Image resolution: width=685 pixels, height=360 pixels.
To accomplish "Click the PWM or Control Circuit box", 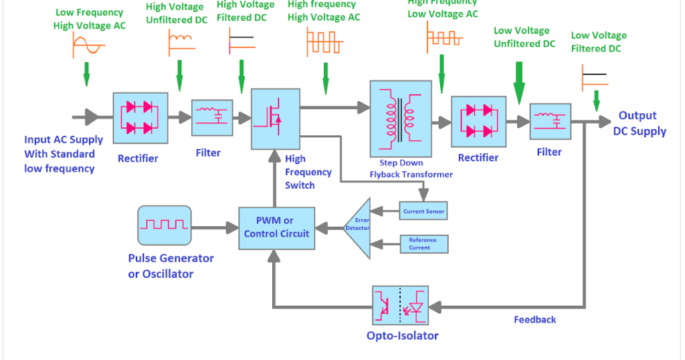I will tap(276, 227).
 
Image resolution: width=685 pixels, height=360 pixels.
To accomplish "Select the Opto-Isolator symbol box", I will tap(400, 306).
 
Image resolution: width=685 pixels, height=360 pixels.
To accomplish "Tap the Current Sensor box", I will tap(423, 211).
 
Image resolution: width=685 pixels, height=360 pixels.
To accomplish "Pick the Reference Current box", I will tap(423, 244).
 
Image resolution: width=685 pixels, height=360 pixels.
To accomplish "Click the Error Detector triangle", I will tap(358, 228).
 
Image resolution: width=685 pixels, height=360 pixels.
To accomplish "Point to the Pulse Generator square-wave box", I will tap(164, 226).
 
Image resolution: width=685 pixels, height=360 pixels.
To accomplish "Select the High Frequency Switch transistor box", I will tap(275, 118).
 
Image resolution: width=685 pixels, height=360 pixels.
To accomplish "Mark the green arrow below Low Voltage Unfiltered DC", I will tap(518, 84).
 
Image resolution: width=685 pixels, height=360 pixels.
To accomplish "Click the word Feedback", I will tap(534, 320).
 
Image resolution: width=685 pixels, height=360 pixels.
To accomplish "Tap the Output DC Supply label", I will tap(639, 124).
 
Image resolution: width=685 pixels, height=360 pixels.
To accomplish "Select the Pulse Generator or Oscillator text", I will tap(171, 266).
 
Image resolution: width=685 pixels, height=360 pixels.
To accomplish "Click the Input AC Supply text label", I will tap(64, 154).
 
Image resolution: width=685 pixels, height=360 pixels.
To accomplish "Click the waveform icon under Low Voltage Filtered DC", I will tap(595, 76).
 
